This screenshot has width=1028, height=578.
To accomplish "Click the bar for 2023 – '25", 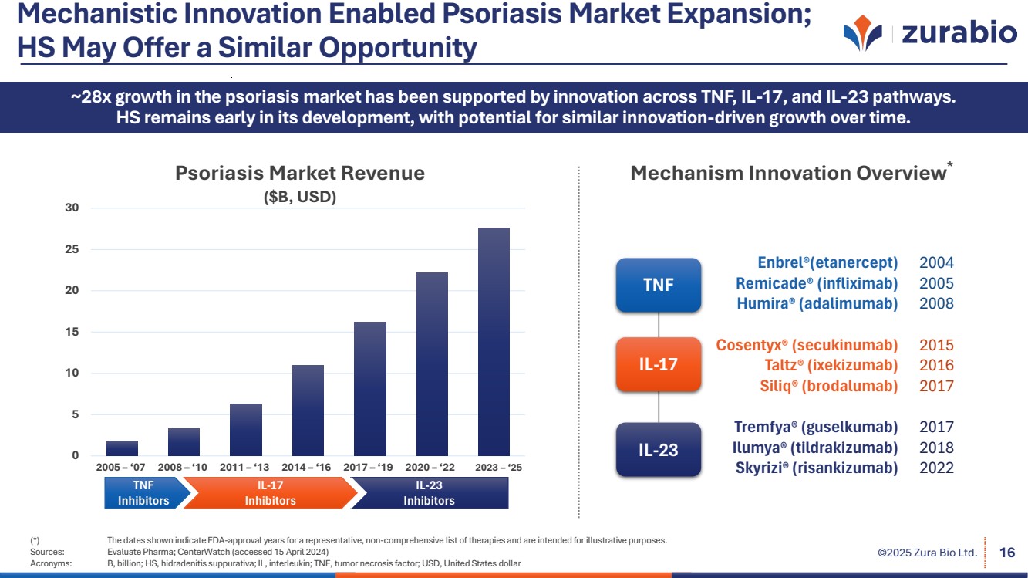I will pyautogui.click(x=494, y=342).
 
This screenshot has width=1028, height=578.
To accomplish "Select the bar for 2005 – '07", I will pyautogui.click(x=122, y=448).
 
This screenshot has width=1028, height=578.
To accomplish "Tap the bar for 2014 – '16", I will pyautogui.click(x=308, y=410).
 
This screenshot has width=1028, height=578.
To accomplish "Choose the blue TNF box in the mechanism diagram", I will pyautogui.click(x=658, y=285).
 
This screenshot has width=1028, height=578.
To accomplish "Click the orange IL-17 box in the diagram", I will pyautogui.click(x=658, y=364).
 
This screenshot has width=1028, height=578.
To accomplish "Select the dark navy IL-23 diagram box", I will pyautogui.click(x=658, y=449).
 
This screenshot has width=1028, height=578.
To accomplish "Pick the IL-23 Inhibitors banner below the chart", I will pyautogui.click(x=429, y=492).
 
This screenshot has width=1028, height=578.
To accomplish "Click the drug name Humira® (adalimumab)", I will pyautogui.click(x=817, y=303).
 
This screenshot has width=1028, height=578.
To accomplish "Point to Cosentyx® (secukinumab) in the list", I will pyautogui.click(x=807, y=345).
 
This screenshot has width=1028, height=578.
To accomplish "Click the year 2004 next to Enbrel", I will pyautogui.click(x=936, y=262).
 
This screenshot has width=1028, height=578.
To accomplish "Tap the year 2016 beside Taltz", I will pyautogui.click(x=936, y=365).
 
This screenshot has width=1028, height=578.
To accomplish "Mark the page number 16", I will pyautogui.click(x=1006, y=552).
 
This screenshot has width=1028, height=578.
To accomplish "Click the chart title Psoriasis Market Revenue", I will pyautogui.click(x=300, y=173).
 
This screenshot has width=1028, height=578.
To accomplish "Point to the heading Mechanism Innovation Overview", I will pyautogui.click(x=788, y=173).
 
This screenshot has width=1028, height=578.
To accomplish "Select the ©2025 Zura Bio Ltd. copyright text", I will pyautogui.click(x=927, y=553).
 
